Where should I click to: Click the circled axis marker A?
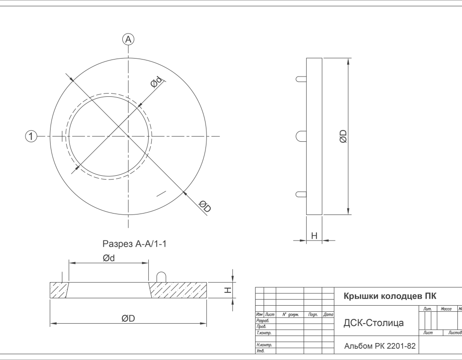pyautogui.click(x=128, y=39)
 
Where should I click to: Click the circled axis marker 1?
pyautogui.click(x=31, y=137)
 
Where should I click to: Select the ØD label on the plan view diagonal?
pyautogui.click(x=205, y=206)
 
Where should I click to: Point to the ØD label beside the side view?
pyautogui.click(x=343, y=137)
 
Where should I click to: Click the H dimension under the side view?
pyautogui.click(x=315, y=236)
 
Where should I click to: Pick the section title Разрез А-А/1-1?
pyautogui.click(x=134, y=244)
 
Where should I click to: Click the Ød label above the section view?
pyautogui.click(x=109, y=258)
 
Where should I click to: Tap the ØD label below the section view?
pyautogui.click(x=128, y=318)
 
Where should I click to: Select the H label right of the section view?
pyautogui.click(x=228, y=290)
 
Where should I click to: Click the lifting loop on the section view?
pyautogui.click(x=161, y=277)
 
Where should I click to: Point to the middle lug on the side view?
pyautogui.click(x=301, y=137)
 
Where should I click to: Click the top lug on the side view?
pyautogui.click(x=301, y=79)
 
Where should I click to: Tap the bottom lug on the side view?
pyautogui.click(x=301, y=195)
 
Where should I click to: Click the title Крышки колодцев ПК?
pyautogui.click(x=390, y=296)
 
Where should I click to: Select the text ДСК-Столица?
pyautogui.click(x=374, y=323)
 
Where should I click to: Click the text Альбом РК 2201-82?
pyautogui.click(x=380, y=346)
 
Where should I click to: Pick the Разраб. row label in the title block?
pyautogui.click(x=263, y=320)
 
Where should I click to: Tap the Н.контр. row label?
pyautogui.click(x=264, y=345)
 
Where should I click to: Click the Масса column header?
pyautogui.click(x=446, y=309)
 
